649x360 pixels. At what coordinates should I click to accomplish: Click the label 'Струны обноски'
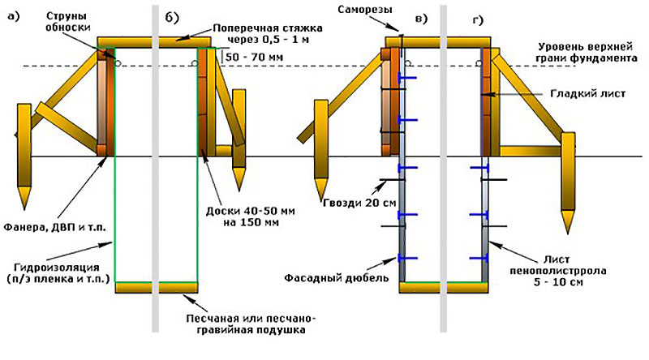point(68,22)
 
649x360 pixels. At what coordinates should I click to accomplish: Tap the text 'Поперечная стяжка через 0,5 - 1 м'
point(268,34)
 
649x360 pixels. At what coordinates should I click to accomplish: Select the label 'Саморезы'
point(364,9)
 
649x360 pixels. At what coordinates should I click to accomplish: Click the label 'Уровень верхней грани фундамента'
point(586,52)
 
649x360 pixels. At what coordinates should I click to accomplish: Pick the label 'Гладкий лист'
point(587,94)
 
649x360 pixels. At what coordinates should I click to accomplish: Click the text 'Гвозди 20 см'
point(359,203)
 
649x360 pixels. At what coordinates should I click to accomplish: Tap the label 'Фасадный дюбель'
point(336,277)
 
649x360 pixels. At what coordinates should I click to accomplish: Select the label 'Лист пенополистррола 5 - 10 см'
point(557,271)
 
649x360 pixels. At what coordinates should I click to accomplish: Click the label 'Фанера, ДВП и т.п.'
point(54,227)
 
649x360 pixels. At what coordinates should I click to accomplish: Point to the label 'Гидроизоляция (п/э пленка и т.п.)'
point(58,272)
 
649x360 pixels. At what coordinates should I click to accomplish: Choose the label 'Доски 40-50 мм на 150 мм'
point(251,216)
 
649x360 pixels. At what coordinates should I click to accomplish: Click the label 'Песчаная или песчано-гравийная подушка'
point(251,324)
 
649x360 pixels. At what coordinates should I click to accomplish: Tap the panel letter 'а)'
point(14,16)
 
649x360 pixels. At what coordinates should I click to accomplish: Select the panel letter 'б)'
point(172,18)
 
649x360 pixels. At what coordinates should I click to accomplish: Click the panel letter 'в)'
point(421,19)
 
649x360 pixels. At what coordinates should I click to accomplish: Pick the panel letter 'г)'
point(478,20)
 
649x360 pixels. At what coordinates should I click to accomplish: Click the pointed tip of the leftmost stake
point(24,209)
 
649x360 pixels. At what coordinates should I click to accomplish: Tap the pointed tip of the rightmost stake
point(568,233)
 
